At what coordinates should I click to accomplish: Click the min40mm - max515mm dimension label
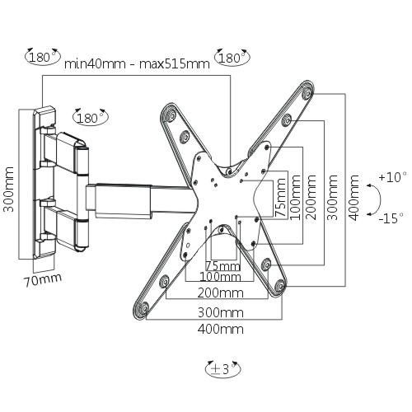point(137,64)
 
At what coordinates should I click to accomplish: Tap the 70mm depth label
point(43,279)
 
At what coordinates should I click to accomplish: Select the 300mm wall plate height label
point(9,189)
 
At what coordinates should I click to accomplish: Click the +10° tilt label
point(392,177)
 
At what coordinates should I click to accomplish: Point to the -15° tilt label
point(391,218)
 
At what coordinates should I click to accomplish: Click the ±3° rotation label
point(223,369)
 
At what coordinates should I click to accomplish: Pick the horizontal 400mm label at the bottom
point(221,329)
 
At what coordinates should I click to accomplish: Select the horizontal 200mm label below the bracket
point(221,293)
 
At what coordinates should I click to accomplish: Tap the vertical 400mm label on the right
point(353,198)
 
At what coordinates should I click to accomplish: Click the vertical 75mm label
point(280,197)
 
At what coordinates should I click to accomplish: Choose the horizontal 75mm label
point(223,266)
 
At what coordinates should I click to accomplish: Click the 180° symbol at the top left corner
point(42,57)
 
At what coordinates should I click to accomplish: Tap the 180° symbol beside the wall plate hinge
point(91,117)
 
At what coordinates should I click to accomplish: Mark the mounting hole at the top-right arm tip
point(307,92)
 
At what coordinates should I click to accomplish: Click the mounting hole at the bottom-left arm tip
point(143,308)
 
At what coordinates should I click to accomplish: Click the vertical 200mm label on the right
point(311,198)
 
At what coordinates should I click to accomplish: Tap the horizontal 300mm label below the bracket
point(221,312)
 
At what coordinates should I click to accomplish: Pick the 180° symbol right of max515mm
point(232,58)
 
